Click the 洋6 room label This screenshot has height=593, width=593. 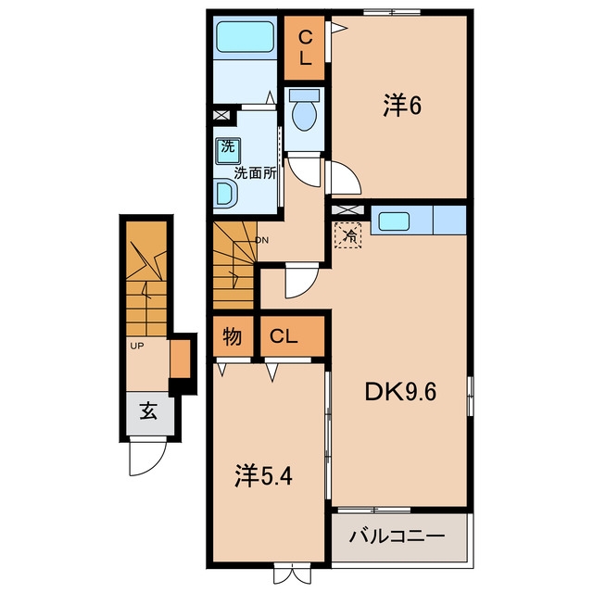coord(402,106)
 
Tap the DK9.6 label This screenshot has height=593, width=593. coord(400,392)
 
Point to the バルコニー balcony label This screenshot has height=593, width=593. coord(397,536)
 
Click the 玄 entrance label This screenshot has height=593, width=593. coord(148,410)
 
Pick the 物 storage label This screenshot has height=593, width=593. coord(233,335)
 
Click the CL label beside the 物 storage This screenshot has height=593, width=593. coord(284,335)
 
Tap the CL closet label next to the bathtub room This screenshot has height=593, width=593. coord(305,48)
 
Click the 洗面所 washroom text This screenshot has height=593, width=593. coord(255,173)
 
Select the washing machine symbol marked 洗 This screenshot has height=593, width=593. coord(228,150)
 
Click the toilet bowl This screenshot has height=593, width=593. coord(305,113)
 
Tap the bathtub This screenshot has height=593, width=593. coord(245,37)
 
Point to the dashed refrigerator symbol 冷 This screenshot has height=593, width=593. coord(348,234)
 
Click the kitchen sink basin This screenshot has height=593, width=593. coord(394,221)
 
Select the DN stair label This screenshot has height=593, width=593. coord(261,240)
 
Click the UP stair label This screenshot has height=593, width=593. coord(137,346)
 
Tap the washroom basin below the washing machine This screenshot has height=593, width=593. coord(225,194)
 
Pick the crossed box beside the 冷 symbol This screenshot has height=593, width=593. coord(348,209)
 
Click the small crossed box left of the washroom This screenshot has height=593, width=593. coord(221,115)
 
